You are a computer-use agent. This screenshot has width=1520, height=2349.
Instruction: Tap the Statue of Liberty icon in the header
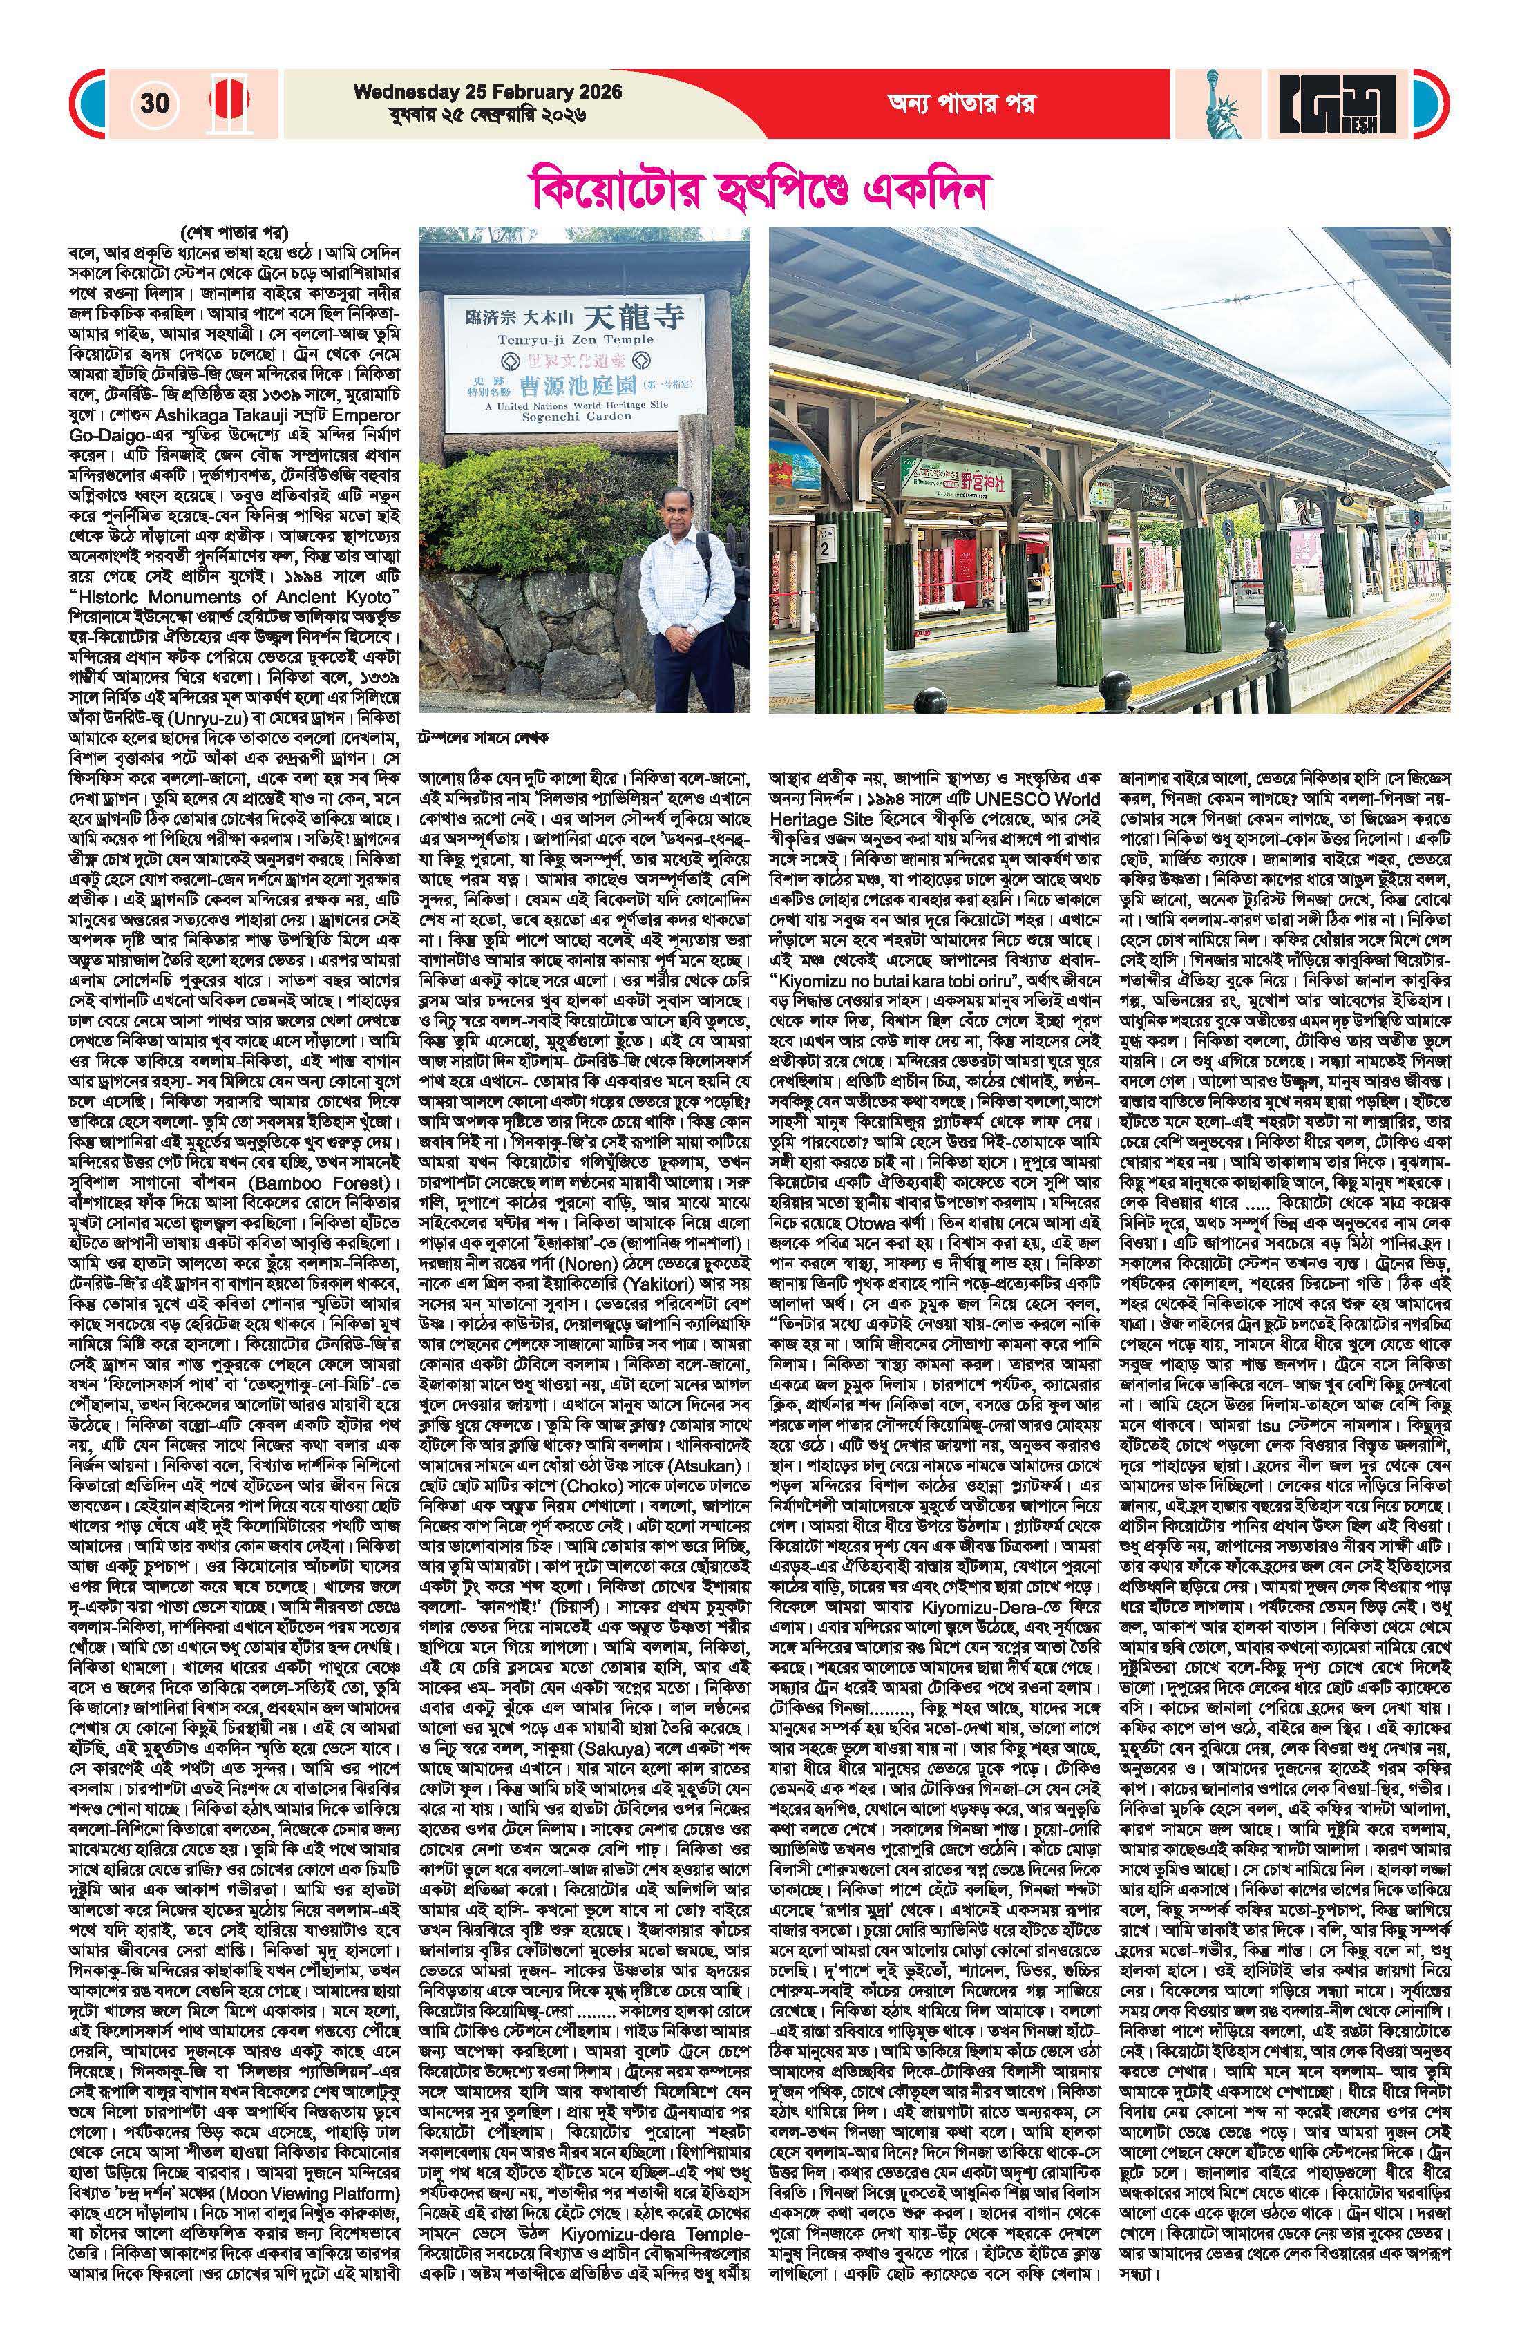coord(1221,102)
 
